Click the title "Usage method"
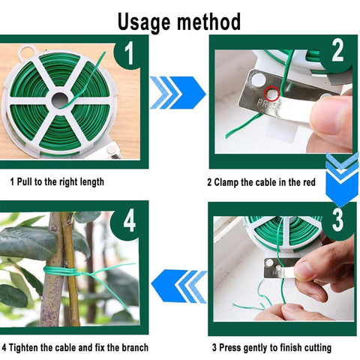[x=179, y=20]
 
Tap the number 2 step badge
[x=337, y=52]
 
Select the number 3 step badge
[x=337, y=220]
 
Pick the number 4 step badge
[x=130, y=222]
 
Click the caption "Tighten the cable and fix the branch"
[x=75, y=348]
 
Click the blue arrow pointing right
[x=178, y=92]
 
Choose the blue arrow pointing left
[x=178, y=286]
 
